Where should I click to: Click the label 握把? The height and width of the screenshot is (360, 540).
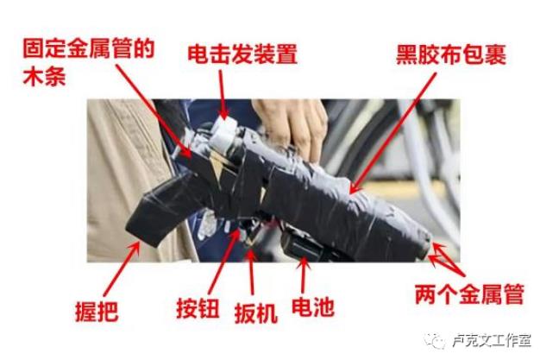coord(97,311)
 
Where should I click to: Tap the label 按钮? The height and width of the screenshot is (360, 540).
coord(198,308)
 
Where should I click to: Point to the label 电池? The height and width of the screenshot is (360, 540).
coord(313,306)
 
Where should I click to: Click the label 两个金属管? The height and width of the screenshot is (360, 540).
coord(469,294)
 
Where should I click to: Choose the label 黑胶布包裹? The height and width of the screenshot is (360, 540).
coord(451,54)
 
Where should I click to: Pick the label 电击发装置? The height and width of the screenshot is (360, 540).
coord(242,54)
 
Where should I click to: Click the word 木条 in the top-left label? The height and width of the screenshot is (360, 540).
coord(45,76)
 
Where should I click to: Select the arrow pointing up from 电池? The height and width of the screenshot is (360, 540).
coord(304,275)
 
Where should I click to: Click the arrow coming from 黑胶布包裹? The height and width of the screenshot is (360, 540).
coord(393,133)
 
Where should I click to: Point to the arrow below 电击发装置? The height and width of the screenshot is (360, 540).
coord(223,94)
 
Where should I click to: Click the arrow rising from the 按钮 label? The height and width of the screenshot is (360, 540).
coord(224,262)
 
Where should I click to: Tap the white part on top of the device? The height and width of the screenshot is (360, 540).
coord(224,136)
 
